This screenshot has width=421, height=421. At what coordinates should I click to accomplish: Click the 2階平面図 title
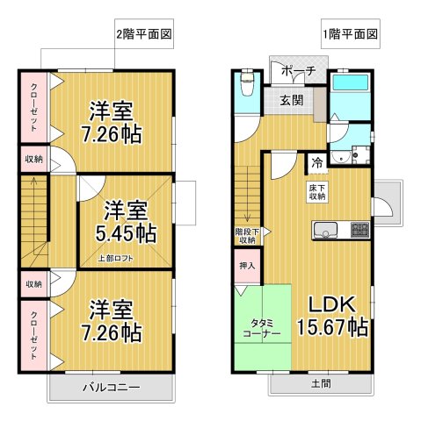click(143, 36)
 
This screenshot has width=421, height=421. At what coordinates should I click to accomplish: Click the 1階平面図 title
click(350, 36)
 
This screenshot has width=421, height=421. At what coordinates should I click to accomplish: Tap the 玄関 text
click(292, 100)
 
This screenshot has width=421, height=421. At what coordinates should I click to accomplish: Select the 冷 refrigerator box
click(316, 162)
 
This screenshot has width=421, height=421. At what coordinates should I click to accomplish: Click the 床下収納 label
click(317, 193)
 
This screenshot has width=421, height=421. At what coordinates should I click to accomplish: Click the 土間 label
click(321, 383)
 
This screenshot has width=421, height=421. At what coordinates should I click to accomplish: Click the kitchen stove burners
click(360, 231)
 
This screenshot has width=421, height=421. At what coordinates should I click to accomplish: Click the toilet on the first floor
click(244, 87)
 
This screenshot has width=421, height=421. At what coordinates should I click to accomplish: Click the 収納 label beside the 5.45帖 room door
click(33, 160)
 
